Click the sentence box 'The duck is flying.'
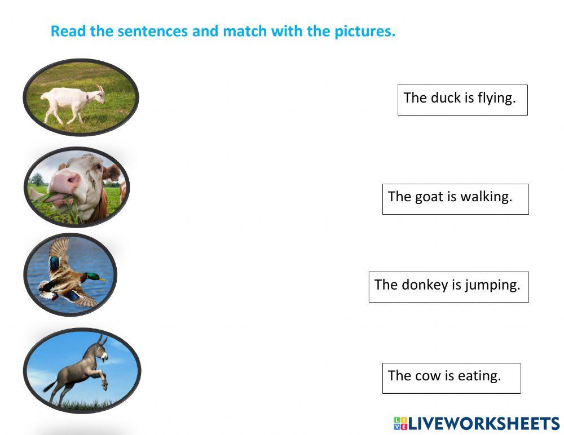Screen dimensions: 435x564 click(462, 100)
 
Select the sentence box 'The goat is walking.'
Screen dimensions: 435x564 click(455, 199)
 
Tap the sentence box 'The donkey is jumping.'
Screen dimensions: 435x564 click(448, 287)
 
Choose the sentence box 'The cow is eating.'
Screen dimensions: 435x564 click(451, 378)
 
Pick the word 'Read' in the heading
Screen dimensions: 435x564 click(69, 32)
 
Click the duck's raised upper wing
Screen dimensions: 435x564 click(59, 252)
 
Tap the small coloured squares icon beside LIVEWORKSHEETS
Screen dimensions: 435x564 click(400, 424)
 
